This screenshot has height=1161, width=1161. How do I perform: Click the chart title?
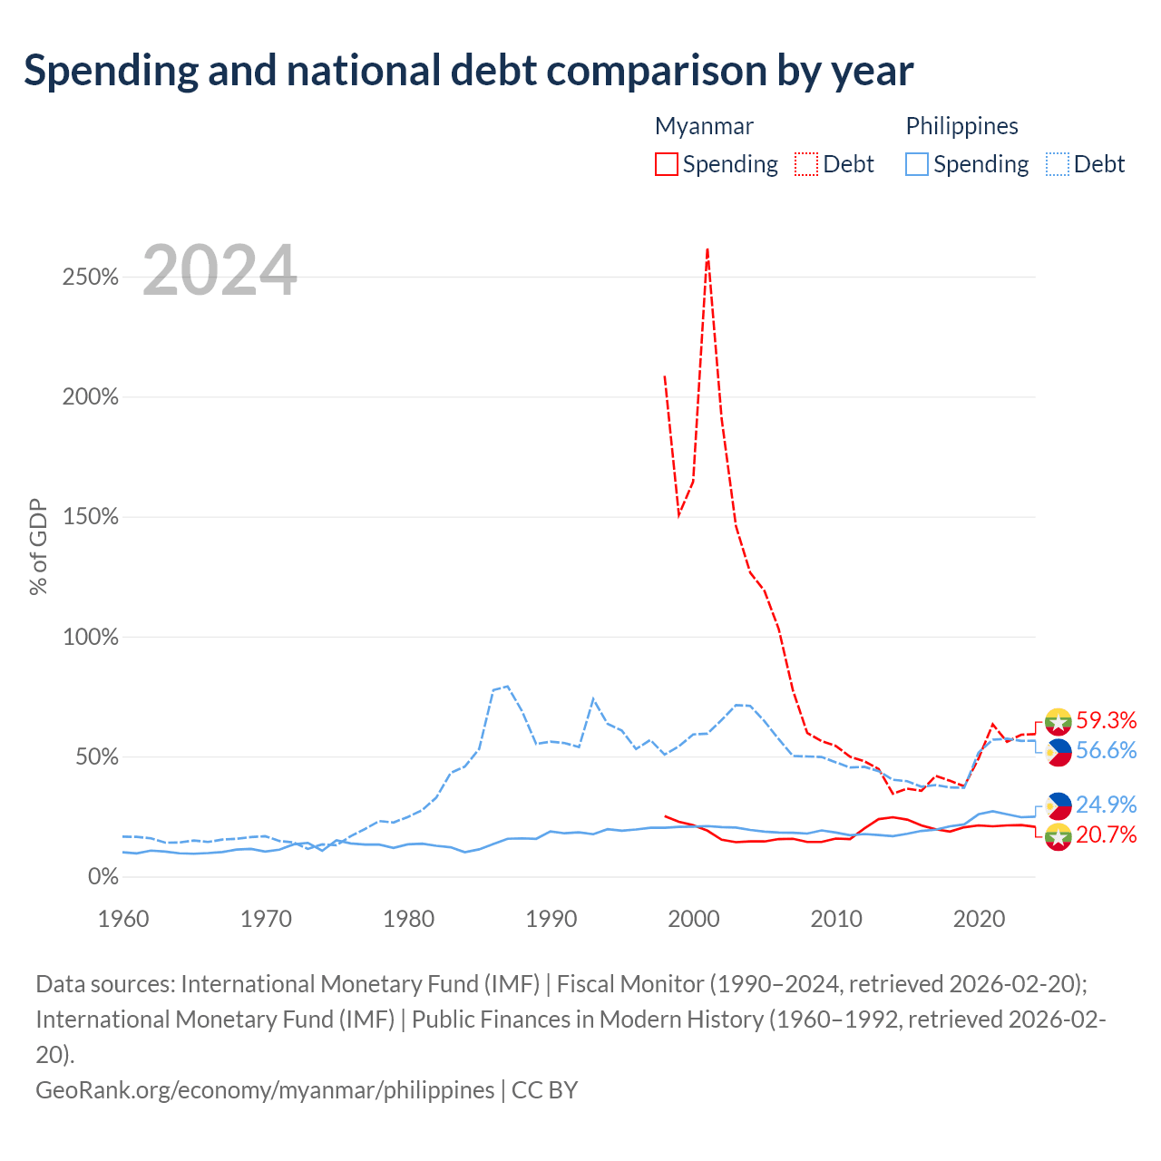(x=468, y=71)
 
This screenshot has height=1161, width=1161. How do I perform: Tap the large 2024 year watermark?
(x=220, y=270)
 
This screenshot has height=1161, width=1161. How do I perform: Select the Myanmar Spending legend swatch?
(x=666, y=164)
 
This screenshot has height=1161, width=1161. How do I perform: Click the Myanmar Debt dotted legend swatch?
(x=805, y=164)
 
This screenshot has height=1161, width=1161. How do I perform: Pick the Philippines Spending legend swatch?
(x=916, y=164)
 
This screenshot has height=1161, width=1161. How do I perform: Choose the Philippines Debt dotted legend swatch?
(x=1057, y=164)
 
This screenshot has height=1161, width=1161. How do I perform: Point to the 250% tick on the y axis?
(x=91, y=278)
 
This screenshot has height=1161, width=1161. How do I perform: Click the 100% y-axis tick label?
(x=91, y=637)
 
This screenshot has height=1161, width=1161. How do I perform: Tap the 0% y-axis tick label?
(x=103, y=876)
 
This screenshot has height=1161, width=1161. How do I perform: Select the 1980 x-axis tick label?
(x=408, y=919)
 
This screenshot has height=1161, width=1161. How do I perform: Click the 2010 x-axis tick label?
(x=836, y=919)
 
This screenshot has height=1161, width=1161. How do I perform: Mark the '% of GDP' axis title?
(x=38, y=546)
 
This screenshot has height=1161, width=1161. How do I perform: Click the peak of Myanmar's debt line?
(x=707, y=249)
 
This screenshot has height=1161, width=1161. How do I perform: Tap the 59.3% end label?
(x=1107, y=720)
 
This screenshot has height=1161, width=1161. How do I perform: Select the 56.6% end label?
(x=1107, y=750)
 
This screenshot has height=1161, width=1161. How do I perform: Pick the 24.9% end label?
(x=1107, y=805)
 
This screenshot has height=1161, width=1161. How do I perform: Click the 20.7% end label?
(x=1107, y=834)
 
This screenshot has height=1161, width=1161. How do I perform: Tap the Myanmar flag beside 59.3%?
(x=1059, y=721)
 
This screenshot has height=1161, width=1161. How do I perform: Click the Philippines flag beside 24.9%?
(x=1059, y=806)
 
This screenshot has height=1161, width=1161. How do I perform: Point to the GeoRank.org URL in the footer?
(x=265, y=1090)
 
